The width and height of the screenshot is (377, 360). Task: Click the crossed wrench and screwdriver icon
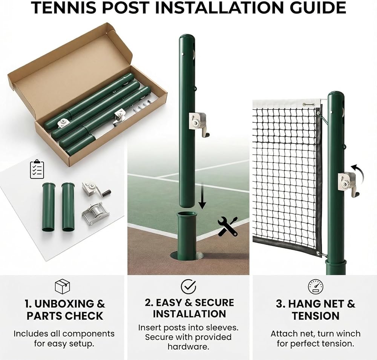click(x=227, y=226)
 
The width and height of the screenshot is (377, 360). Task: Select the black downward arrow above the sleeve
click(x=202, y=195)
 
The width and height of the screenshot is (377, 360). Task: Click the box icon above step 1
click(x=62, y=286)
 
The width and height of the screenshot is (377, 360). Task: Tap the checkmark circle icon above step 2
click(x=188, y=286)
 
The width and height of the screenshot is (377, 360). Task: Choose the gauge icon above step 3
click(x=316, y=286)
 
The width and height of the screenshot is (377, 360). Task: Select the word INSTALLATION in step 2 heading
click(x=190, y=314)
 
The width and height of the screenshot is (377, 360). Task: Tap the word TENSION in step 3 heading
click(x=316, y=316)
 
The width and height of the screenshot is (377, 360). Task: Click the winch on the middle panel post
click(x=198, y=124)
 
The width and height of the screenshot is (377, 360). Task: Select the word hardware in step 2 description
click(x=188, y=346)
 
